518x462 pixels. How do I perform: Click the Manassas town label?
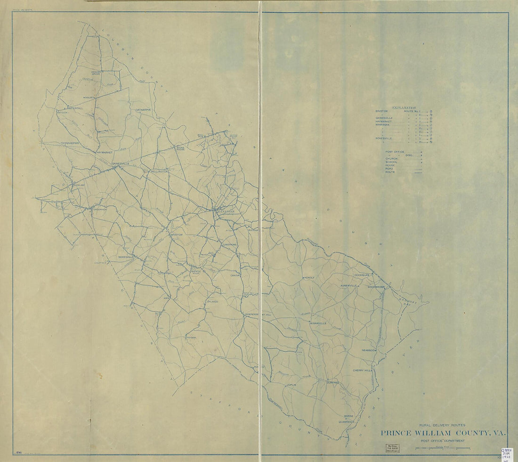tap(225, 212)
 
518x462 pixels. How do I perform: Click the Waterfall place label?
tap(75, 108)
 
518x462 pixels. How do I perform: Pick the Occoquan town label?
tap(363, 274)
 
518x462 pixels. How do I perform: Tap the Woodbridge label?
tap(376, 286)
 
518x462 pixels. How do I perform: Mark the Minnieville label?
tap(318, 324)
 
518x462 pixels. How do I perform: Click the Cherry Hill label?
tap(362, 371)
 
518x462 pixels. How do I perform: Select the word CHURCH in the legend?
tap(392, 159)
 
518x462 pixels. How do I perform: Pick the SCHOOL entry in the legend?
tap(392, 162)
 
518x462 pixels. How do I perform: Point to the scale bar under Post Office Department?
tap(443, 448)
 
